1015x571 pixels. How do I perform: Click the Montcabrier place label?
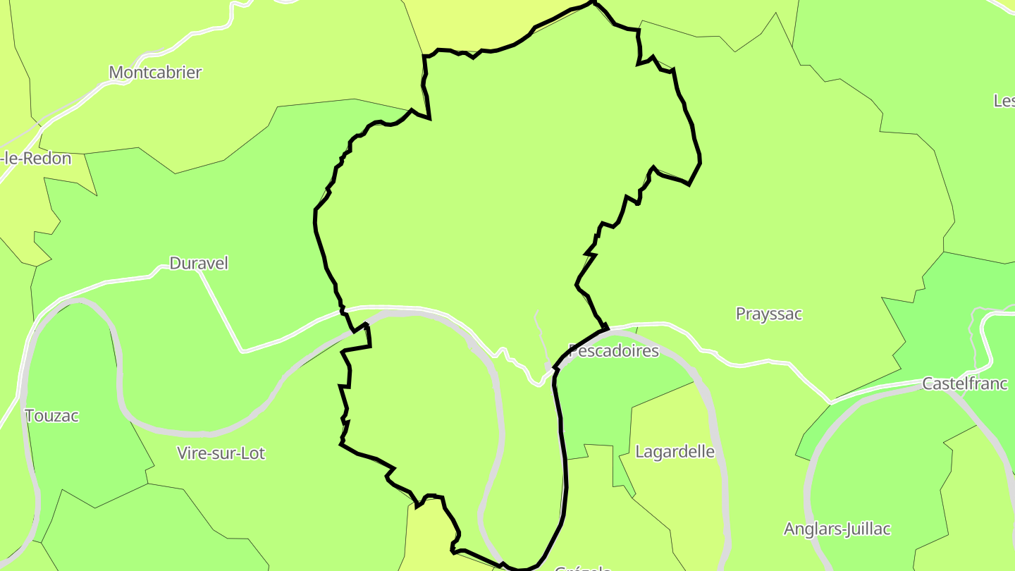click(x=155, y=73)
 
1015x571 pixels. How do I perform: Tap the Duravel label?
click(x=199, y=264)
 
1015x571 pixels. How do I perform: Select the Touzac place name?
click(x=51, y=416)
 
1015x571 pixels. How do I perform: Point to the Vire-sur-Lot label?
click(x=221, y=453)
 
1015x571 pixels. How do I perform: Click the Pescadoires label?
click(x=613, y=351)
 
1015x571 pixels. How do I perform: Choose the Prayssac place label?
click(x=768, y=314)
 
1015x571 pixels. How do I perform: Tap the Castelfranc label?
click(x=965, y=384)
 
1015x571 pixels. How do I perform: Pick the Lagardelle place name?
click(x=675, y=452)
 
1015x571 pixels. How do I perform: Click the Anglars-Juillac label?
click(x=837, y=529)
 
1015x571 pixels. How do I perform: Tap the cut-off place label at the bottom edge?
click(x=582, y=567)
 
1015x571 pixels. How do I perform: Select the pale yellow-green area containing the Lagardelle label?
click(x=670, y=493)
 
